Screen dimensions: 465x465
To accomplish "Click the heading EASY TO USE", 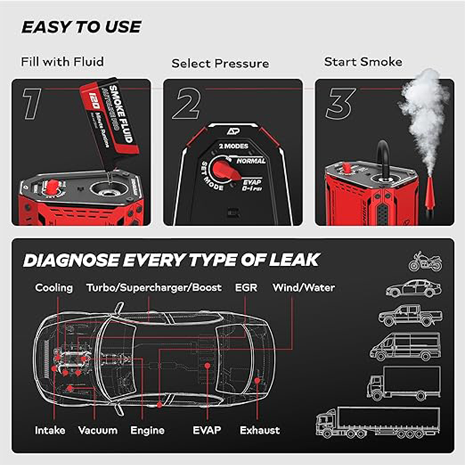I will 81,27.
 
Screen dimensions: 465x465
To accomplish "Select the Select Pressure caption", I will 220,63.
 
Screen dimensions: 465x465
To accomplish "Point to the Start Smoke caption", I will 363,62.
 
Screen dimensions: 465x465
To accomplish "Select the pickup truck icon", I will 410,316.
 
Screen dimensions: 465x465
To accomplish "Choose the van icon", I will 405,346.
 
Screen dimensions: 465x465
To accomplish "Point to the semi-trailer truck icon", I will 378,422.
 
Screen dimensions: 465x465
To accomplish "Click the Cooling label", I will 54,288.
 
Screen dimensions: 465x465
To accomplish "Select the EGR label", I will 246,288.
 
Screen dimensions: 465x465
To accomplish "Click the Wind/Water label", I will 303,288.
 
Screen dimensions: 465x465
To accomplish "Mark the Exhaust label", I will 259,431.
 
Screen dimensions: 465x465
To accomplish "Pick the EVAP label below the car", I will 207,431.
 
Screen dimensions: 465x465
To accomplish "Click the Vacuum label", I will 98,431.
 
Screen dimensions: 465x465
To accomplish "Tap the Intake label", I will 50,431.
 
